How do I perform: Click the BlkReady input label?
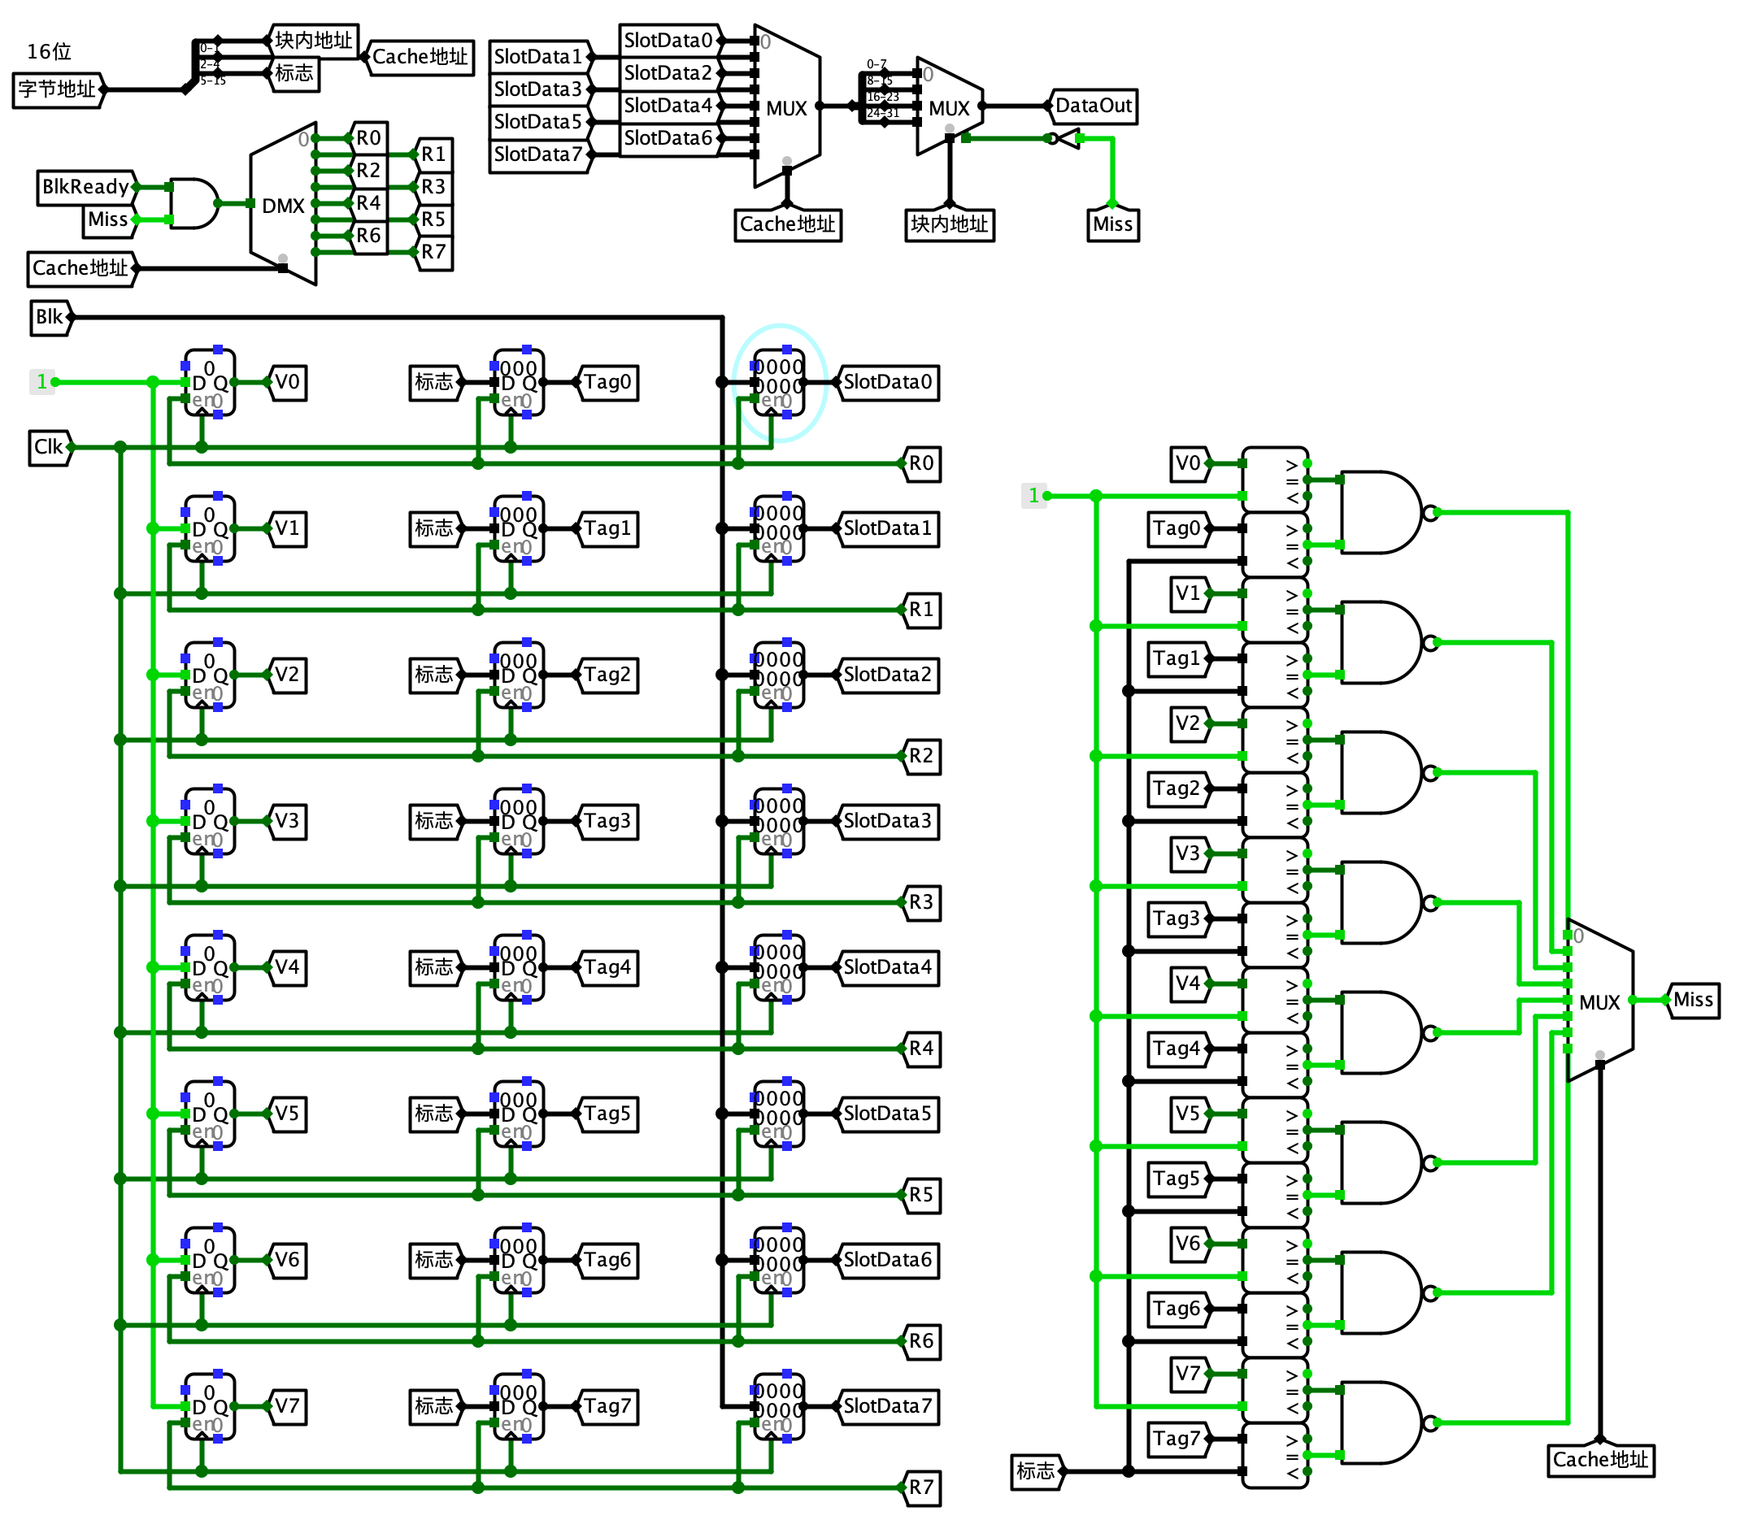pos(85,187)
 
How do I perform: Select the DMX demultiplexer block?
pos(284,204)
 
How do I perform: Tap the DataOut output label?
pos(1093,106)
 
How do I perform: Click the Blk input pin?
pos(50,318)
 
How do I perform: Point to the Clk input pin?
pos(50,447)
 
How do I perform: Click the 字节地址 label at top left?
pos(57,89)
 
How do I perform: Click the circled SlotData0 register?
pos(779,383)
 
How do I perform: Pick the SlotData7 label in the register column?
pos(888,1406)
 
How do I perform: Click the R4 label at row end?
pos(921,1049)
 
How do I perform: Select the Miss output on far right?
pos(1692,1000)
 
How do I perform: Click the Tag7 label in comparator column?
pos(1177,1440)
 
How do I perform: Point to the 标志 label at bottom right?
pos(1036,1472)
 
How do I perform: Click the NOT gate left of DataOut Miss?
pos(1064,139)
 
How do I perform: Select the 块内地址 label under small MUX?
pos(949,224)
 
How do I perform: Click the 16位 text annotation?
pos(49,52)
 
